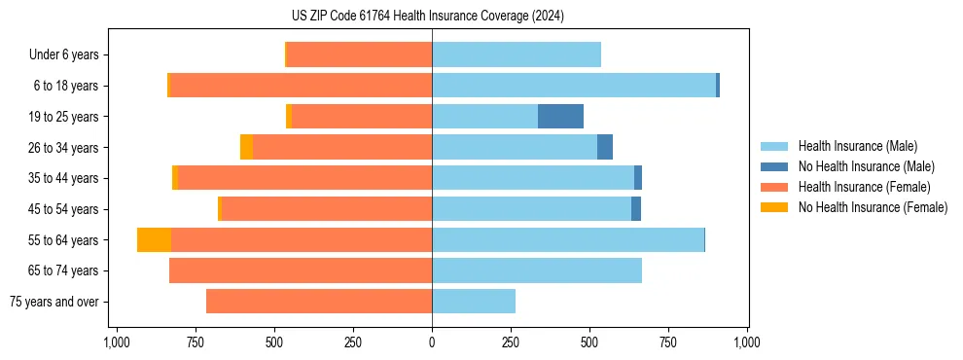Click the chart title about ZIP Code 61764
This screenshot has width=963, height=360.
point(427,16)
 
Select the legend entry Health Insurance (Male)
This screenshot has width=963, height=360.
point(857,146)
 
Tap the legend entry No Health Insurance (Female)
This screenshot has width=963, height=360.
point(872,207)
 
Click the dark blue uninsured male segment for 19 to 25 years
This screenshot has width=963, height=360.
point(560,117)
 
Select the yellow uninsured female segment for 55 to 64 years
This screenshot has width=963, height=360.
point(154,240)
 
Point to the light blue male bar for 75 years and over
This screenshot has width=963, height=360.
point(474,302)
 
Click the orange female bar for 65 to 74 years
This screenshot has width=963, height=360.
point(301,270)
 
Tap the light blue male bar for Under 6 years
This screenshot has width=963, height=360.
point(516,54)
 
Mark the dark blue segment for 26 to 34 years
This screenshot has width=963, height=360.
point(604,147)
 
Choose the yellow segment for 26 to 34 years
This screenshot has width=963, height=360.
point(246,147)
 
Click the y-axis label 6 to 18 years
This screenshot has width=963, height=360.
point(65,86)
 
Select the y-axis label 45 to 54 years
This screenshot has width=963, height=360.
point(62,209)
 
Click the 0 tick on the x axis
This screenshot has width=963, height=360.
point(432,342)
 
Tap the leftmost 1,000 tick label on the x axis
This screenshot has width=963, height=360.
point(116,342)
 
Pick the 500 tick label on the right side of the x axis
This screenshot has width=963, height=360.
point(589,342)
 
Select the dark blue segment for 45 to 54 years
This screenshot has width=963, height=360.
point(635,209)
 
